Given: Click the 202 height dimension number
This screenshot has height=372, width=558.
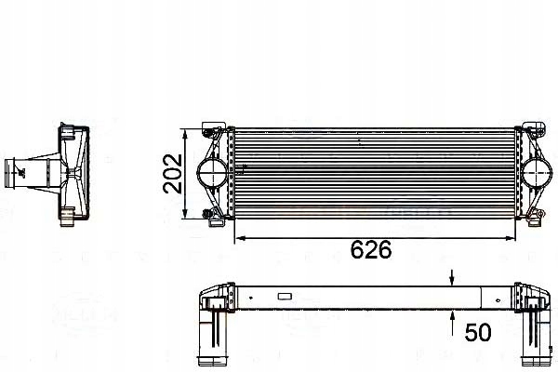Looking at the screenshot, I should [171, 172].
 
